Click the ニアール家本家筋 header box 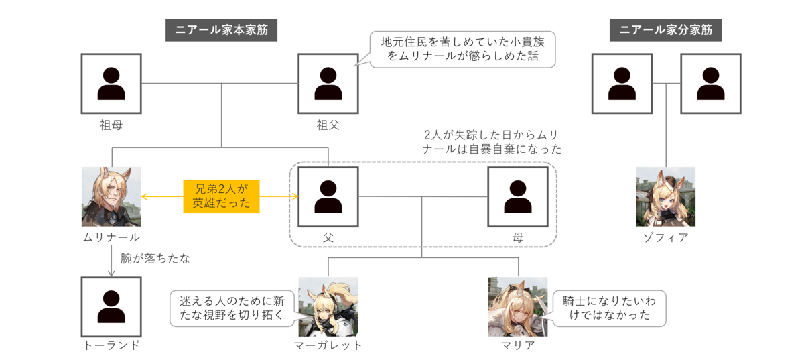click(x=221, y=30)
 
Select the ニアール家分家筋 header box click(x=665, y=30)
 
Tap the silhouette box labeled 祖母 click(x=111, y=84)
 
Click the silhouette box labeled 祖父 click(x=328, y=84)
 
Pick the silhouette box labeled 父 click(x=328, y=197)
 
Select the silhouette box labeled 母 click(x=518, y=197)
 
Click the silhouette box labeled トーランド click(x=111, y=307)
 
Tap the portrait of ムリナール click(x=111, y=197)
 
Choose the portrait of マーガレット click(x=328, y=307)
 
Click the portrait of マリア click(x=518, y=307)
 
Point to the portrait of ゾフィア click(x=666, y=197)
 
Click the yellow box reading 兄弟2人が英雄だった click(x=222, y=196)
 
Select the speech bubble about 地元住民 click(x=462, y=49)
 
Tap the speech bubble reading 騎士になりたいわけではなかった click(x=610, y=308)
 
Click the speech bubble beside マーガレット click(x=232, y=308)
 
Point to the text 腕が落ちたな click(x=155, y=259)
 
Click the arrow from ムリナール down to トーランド click(x=111, y=261)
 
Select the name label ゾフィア click(x=666, y=237)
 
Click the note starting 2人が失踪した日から click(x=492, y=142)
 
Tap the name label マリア click(x=518, y=345)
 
